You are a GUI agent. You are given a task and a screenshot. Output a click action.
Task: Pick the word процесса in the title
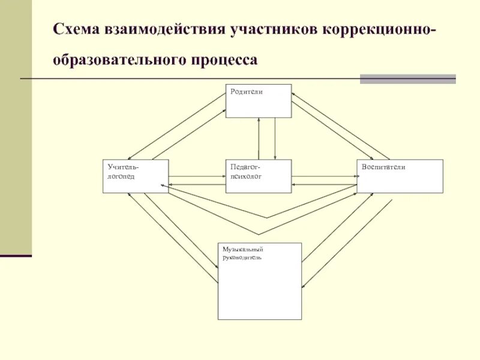[225, 61]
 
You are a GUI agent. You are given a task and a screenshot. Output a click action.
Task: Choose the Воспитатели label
[383, 167]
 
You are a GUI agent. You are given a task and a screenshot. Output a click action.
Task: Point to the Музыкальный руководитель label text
[242, 253]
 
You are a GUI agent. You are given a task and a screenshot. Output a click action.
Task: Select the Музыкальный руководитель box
[259, 288]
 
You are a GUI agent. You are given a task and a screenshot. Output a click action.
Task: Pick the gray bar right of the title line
[407, 79]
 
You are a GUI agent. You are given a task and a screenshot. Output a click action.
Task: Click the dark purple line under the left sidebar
[16, 256]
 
